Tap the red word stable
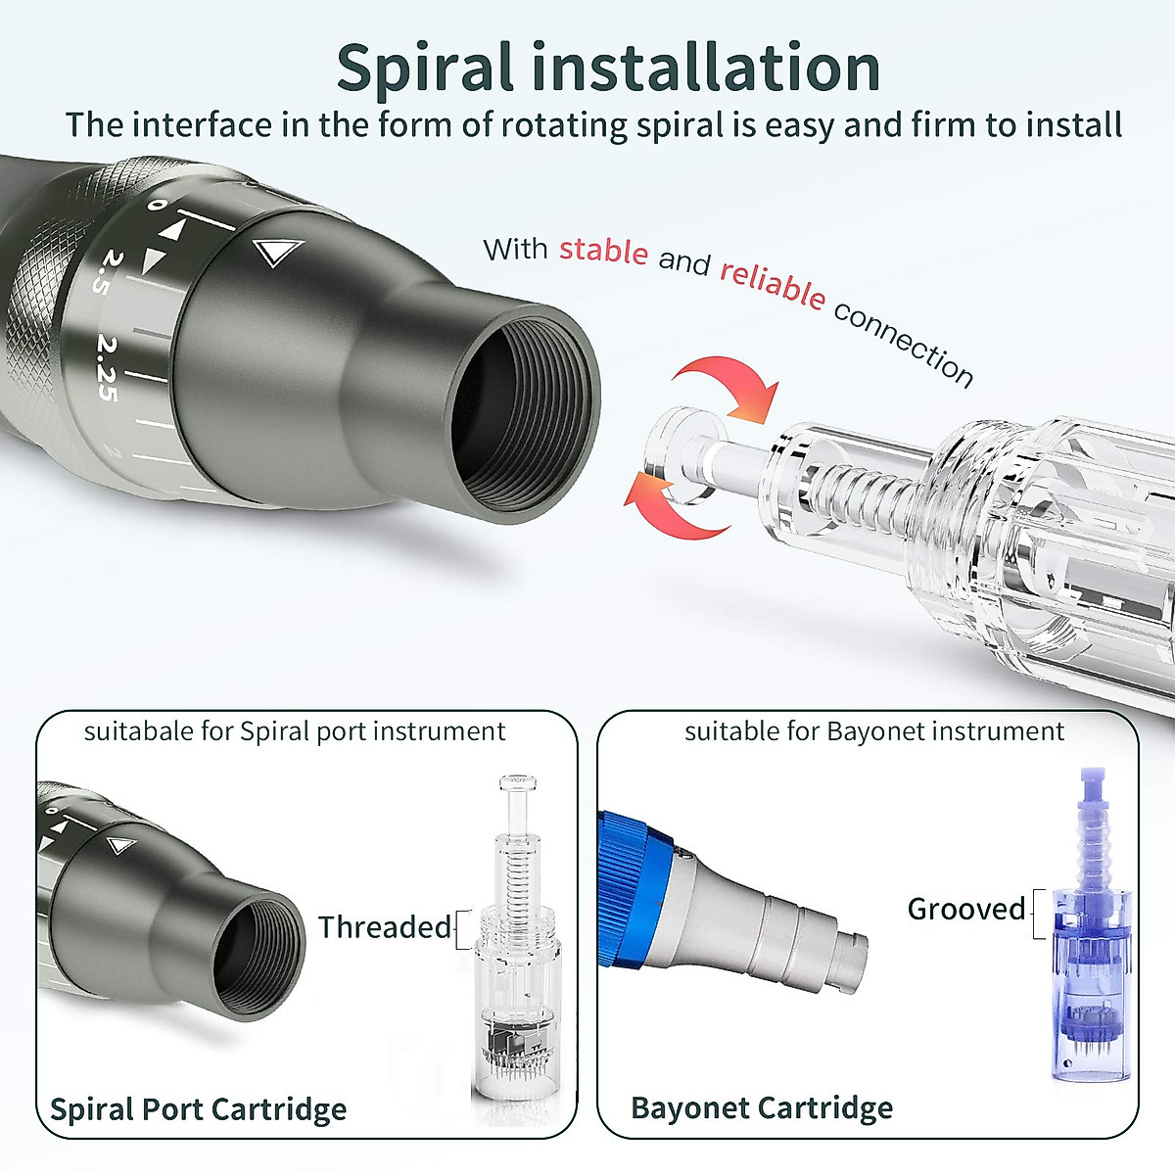coord(603,251)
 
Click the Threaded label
coord(385,926)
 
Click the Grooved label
coord(965,909)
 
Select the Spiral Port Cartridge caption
coord(199,1108)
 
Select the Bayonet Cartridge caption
coord(762,1107)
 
